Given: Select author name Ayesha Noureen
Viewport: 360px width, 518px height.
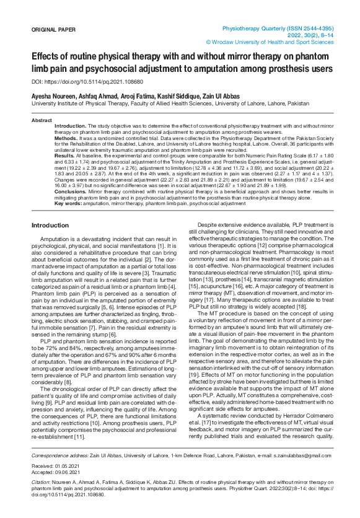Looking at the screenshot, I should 54,97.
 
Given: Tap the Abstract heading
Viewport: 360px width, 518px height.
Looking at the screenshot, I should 42,120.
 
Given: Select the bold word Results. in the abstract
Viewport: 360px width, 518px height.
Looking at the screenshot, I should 65,159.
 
